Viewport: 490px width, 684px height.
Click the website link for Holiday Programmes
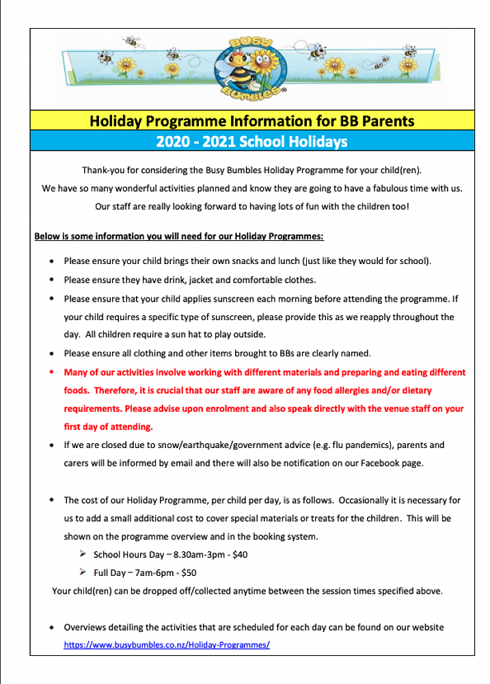coord(167,644)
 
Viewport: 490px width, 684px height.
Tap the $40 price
coord(239,555)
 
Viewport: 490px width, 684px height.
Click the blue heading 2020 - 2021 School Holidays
coord(251,142)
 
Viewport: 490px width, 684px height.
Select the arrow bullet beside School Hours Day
coord(83,554)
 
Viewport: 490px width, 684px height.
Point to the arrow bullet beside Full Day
coord(83,572)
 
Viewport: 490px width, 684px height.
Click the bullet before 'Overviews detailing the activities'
coord(53,627)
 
